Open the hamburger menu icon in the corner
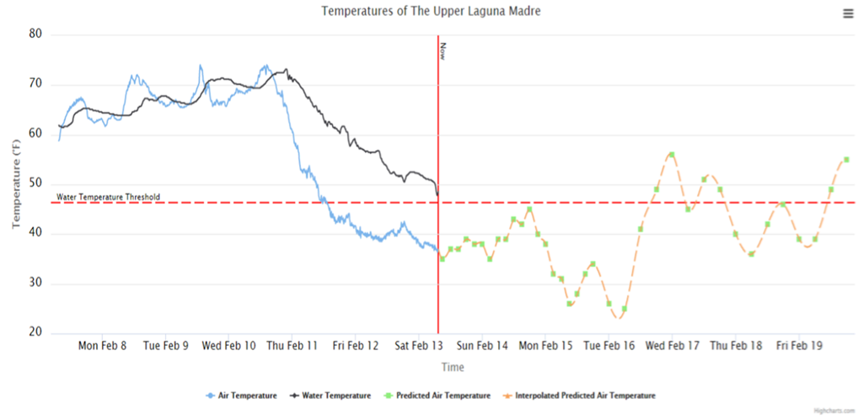click(x=847, y=13)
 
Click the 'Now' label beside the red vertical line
click(x=442, y=51)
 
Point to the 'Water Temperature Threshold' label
click(x=108, y=197)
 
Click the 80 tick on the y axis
click(x=35, y=35)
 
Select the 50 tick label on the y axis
click(x=35, y=184)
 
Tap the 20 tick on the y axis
click(x=35, y=333)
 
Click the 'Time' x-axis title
click(x=453, y=367)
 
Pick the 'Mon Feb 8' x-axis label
click(x=103, y=345)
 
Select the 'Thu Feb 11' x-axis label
click(x=292, y=345)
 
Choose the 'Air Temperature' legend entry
click(x=241, y=396)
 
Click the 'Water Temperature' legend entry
click(x=330, y=396)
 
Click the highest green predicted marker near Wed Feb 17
click(x=672, y=155)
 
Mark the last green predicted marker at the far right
click(x=846, y=160)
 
